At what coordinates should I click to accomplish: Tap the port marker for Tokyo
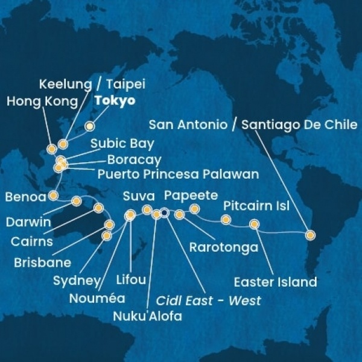pos(90,126)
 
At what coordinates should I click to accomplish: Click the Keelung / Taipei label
pos(93,84)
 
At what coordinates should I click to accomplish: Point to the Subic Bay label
pos(122,144)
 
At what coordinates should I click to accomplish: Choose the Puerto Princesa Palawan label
pos(177,174)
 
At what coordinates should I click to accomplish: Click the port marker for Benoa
pos(53,195)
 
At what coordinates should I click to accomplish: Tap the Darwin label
pos(28,222)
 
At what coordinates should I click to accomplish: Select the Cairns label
pos(32,242)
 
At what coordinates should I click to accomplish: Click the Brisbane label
pos(45,262)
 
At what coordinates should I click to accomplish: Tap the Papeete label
pos(191,195)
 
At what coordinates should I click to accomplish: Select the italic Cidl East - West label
pos(209,300)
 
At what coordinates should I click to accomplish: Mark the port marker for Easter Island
pos(254,225)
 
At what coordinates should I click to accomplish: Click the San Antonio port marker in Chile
pos(310,235)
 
